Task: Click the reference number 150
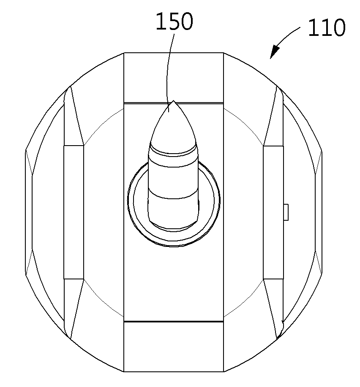point(174,22)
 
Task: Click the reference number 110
point(327,28)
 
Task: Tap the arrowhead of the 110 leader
point(274,52)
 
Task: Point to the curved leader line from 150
point(169,72)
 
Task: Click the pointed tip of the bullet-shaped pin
point(174,101)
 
